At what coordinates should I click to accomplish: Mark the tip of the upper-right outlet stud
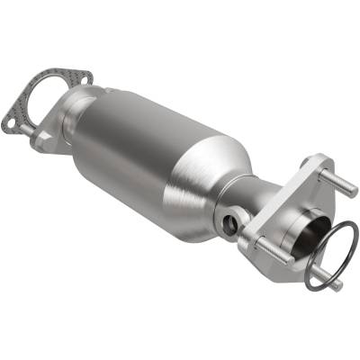tap(355, 191)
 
